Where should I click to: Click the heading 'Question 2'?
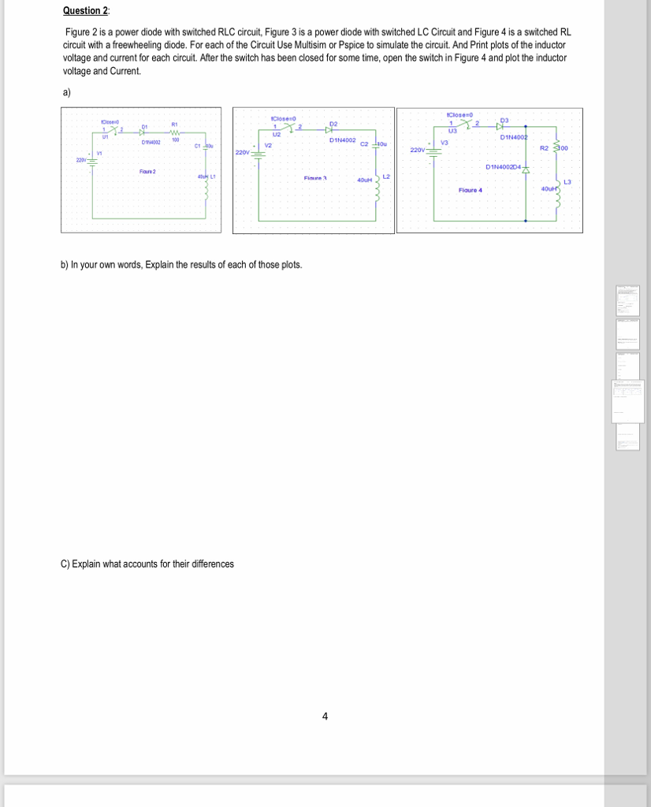(x=85, y=11)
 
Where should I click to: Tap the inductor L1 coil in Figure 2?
(x=206, y=187)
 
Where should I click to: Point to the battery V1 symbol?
(x=91, y=161)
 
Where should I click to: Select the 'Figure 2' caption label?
(x=147, y=172)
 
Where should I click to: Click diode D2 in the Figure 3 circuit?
(x=332, y=130)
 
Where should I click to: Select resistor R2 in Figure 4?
(x=558, y=147)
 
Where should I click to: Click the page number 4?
(x=325, y=716)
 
